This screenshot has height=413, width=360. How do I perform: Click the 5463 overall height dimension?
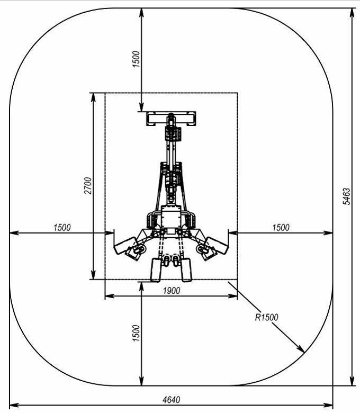point(347,196)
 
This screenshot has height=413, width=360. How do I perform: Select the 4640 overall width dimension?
point(172,400)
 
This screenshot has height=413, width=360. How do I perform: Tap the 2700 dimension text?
point(88,186)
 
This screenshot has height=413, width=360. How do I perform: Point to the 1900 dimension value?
point(172,291)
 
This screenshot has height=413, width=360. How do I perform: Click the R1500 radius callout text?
point(266,317)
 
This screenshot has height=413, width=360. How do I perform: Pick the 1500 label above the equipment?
point(136,59)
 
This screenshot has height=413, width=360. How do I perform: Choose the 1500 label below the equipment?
point(136,333)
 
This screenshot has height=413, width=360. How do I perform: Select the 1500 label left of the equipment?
point(62,228)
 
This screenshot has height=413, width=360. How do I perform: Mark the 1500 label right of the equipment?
point(281,228)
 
